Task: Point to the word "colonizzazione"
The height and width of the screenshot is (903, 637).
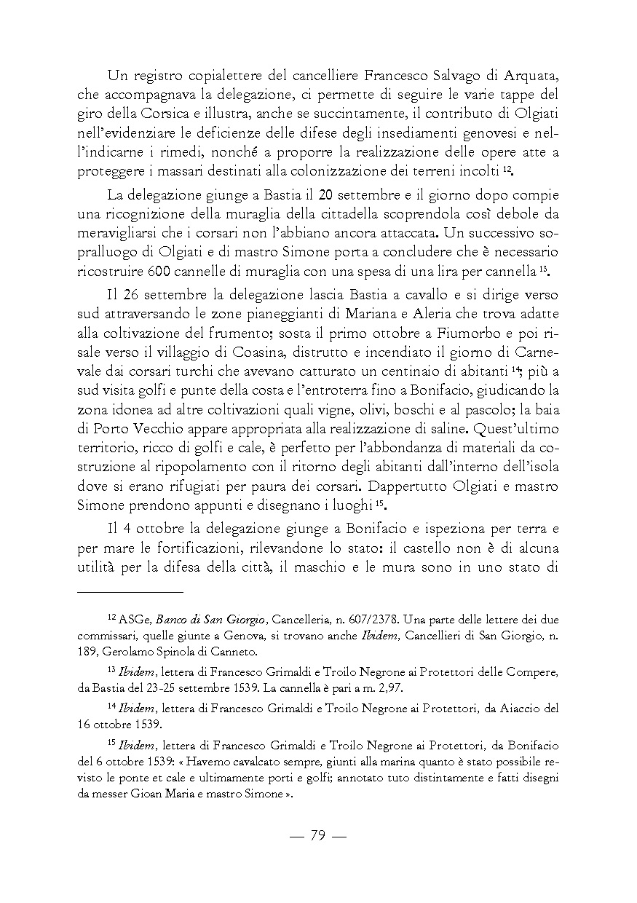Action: click(x=328, y=169)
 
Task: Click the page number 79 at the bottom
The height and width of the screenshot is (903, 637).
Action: click(x=317, y=835)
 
